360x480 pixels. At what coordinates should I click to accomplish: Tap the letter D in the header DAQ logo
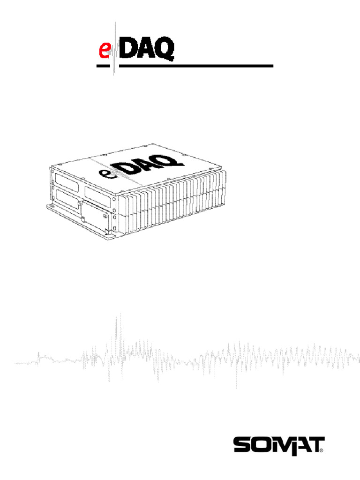tap(129, 49)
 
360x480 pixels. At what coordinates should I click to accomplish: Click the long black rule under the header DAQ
tap(197, 66)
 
